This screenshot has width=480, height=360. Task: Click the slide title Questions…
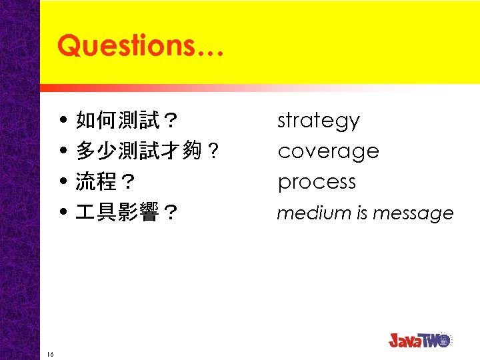(141, 45)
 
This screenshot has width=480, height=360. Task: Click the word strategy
(318, 121)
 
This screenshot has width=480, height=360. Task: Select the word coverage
(328, 151)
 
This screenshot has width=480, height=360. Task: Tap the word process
(317, 182)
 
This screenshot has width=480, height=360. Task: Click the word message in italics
(413, 214)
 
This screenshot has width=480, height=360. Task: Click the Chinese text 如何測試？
(127, 121)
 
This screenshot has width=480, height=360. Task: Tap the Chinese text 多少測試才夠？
(147, 151)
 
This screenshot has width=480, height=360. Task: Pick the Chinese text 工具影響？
(127, 213)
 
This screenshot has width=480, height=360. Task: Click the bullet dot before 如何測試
(63, 121)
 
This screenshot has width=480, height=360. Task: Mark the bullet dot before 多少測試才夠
(63, 152)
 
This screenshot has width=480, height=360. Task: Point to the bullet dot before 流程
(63, 183)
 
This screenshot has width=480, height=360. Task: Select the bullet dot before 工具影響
(63, 213)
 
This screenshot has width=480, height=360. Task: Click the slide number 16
(51, 353)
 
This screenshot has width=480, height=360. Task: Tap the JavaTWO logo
(420, 340)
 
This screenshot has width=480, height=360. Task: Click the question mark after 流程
(127, 182)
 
